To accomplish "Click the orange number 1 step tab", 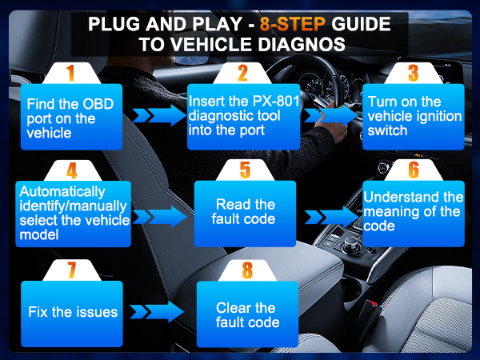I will pyautogui.click(x=70, y=74).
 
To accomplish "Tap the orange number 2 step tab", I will pyautogui.click(x=242, y=74).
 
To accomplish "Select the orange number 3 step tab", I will pyautogui.click(x=413, y=74).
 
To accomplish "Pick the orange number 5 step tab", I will pyautogui.click(x=245, y=170).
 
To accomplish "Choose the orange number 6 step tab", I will pyautogui.click(x=413, y=170).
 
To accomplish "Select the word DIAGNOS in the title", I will pyautogui.click(x=298, y=44).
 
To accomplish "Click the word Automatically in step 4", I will pyautogui.click(x=62, y=192).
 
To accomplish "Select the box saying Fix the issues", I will pyautogui.click(x=73, y=311).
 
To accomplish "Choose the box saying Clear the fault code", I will pyautogui.click(x=247, y=315).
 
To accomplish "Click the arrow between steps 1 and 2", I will pyautogui.click(x=158, y=117).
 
